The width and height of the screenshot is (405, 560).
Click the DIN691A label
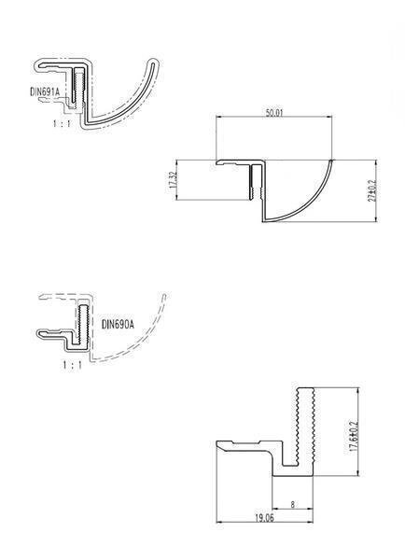tap(44, 91)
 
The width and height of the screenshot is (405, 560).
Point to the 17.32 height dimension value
tap(175, 181)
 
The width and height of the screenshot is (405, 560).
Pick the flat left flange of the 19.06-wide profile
tap(238, 443)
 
